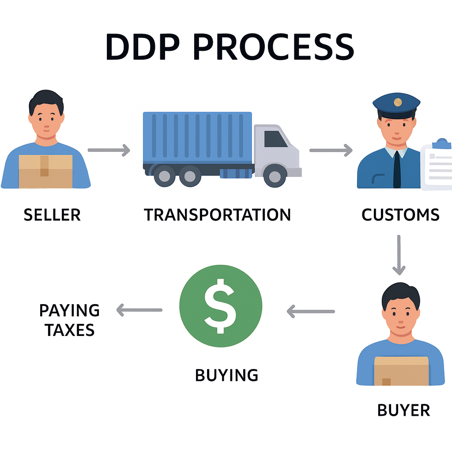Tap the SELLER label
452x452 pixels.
coord(52,215)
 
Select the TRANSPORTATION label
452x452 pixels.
coord(218,215)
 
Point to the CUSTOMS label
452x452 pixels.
coord(400,215)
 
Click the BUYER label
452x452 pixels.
coord(403,411)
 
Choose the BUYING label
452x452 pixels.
coord(226,375)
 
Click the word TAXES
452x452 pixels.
coord(70,330)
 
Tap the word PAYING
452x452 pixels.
coord(70,311)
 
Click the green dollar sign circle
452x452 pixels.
coord(221,305)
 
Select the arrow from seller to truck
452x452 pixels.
coord(109,151)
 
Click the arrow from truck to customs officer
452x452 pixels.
coord(331,151)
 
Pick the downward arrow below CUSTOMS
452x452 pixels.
coord(399,255)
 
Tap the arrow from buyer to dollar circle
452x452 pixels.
coord(311,312)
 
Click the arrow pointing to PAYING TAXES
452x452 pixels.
coord(139,310)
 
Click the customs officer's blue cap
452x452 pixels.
coord(396,104)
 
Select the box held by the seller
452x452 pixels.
coord(45,171)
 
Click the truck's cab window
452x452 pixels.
coord(275,139)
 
